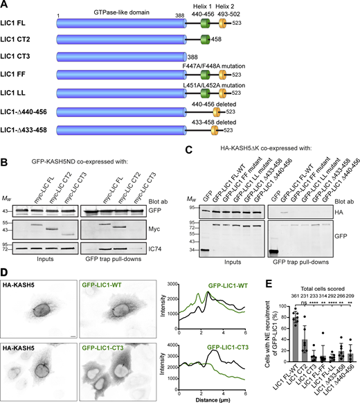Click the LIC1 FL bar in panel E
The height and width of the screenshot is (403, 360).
(x=259, y=341)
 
